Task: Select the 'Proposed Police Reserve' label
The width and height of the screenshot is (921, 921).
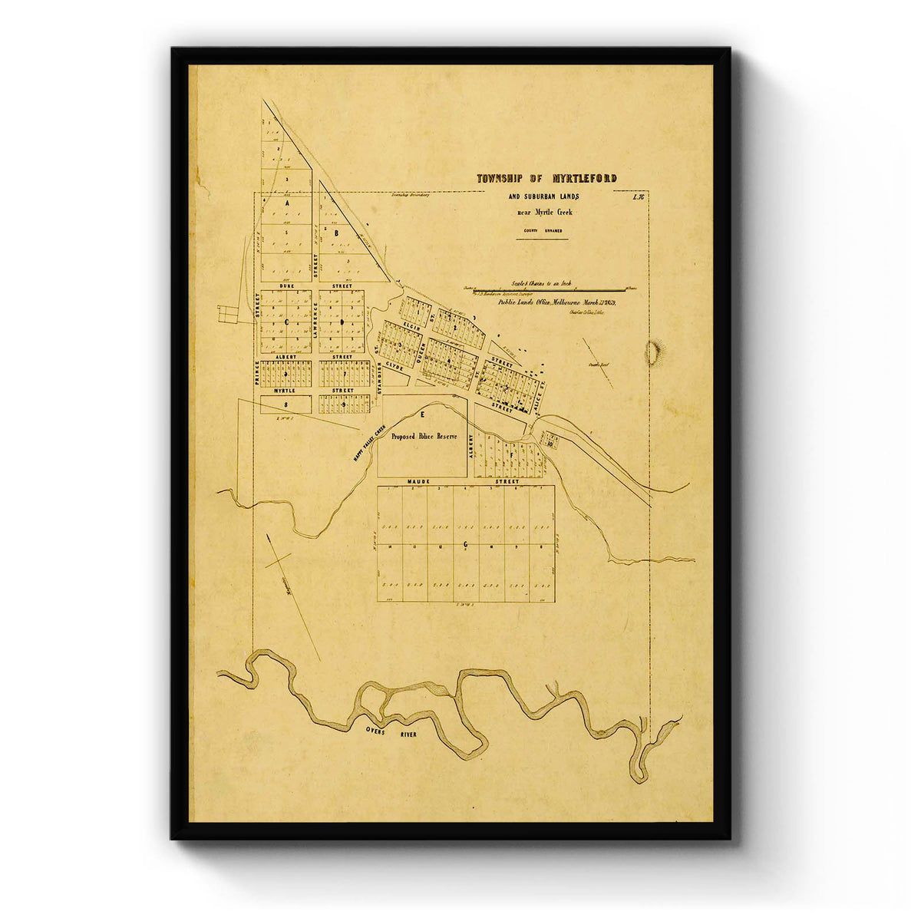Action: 424,436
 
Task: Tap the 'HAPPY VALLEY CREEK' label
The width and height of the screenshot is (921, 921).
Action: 368,444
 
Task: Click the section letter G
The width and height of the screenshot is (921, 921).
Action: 465,544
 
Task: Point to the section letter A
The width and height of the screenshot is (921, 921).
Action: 286,206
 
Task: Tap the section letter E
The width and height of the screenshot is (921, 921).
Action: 421,414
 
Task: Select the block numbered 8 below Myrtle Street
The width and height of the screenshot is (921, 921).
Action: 286,404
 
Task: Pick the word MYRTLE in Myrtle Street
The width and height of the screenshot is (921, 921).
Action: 285,391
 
